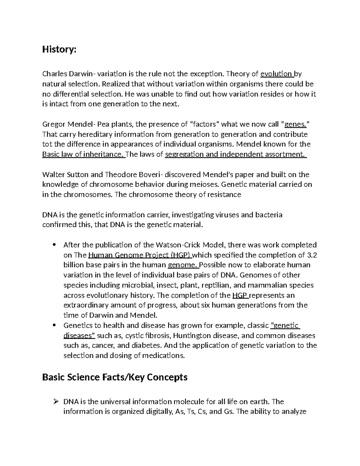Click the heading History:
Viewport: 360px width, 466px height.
click(x=59, y=50)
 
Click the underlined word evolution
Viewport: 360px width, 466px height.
click(x=276, y=74)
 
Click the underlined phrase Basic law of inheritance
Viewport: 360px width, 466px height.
click(x=83, y=155)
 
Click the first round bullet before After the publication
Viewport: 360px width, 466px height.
click(x=54, y=245)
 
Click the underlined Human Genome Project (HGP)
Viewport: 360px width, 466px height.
click(x=140, y=255)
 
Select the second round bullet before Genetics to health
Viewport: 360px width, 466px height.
click(x=54, y=326)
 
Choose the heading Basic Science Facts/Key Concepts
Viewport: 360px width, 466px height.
click(x=115, y=377)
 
